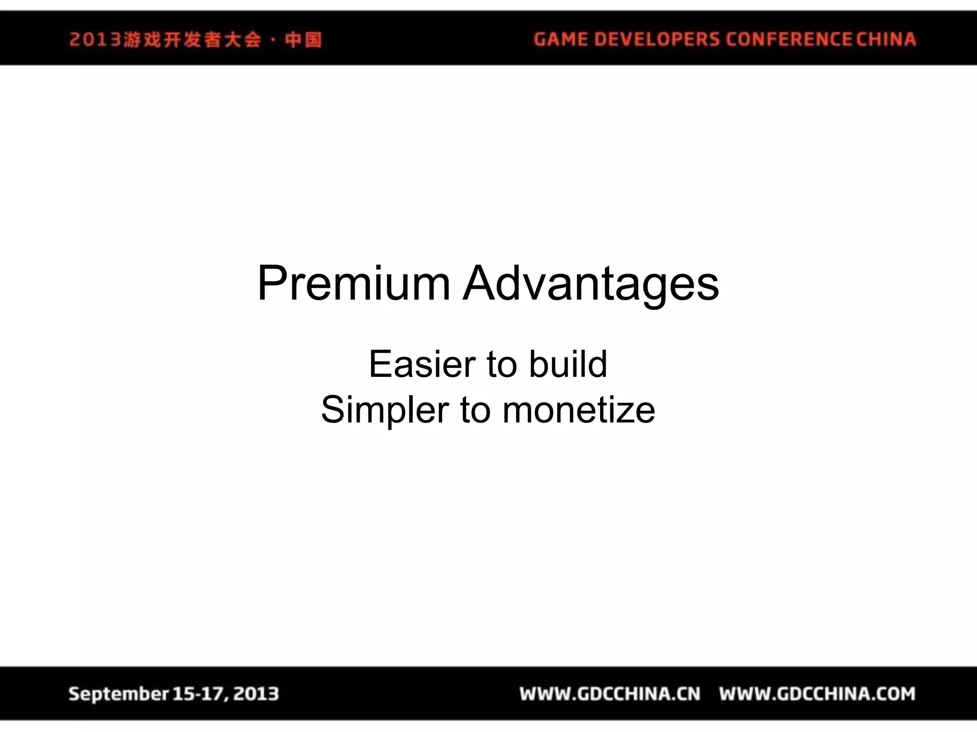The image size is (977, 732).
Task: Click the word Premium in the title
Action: (x=353, y=284)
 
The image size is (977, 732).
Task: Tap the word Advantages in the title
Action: (x=591, y=284)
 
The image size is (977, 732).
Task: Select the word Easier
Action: (x=422, y=365)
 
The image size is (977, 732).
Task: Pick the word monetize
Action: (x=579, y=410)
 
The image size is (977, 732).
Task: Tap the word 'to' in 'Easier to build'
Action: (x=502, y=365)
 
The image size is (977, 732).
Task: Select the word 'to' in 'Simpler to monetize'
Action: (x=475, y=410)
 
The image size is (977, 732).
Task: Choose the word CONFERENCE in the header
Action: (x=789, y=39)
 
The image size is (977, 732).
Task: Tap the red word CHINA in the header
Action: (x=886, y=39)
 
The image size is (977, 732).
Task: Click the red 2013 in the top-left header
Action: (x=95, y=40)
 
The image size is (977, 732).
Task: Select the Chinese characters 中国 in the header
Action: (x=303, y=40)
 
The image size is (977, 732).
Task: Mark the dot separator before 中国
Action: (x=273, y=40)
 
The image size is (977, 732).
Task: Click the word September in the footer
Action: (x=119, y=694)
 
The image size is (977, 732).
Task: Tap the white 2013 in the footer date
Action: (x=256, y=694)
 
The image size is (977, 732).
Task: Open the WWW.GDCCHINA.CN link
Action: (x=610, y=694)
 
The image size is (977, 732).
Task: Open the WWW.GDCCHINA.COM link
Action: (x=817, y=694)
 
